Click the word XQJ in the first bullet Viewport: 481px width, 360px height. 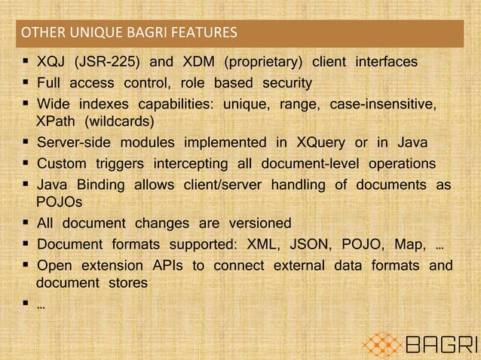[x=51, y=62]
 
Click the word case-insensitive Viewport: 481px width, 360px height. [x=383, y=102]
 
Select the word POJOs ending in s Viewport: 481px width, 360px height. [x=57, y=202]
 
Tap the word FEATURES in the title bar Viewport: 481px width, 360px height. [x=204, y=33]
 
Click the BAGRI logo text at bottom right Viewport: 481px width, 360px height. [x=441, y=346]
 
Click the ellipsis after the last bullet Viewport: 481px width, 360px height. [x=39, y=307]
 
